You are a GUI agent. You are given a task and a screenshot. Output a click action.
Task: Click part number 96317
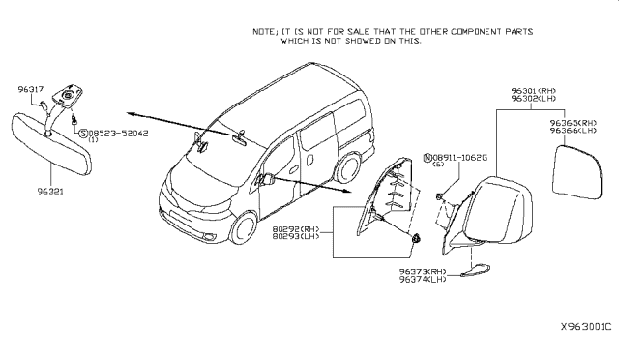[31, 88]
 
